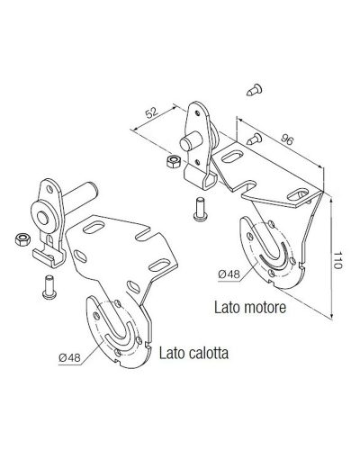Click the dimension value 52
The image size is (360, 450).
152,112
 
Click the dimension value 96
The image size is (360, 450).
286,139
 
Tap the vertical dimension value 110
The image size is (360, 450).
337,260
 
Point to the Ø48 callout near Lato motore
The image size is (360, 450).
229,274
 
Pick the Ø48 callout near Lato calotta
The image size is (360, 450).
70,357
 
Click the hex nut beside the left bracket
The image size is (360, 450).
22,239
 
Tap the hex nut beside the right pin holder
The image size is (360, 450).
173,161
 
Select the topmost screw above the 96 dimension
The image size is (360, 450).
254,90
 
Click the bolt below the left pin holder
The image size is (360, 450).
49,287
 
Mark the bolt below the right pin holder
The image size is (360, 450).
200,209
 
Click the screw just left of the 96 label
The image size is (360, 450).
255,139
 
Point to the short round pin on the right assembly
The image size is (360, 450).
191,140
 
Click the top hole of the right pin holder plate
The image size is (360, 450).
197,113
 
